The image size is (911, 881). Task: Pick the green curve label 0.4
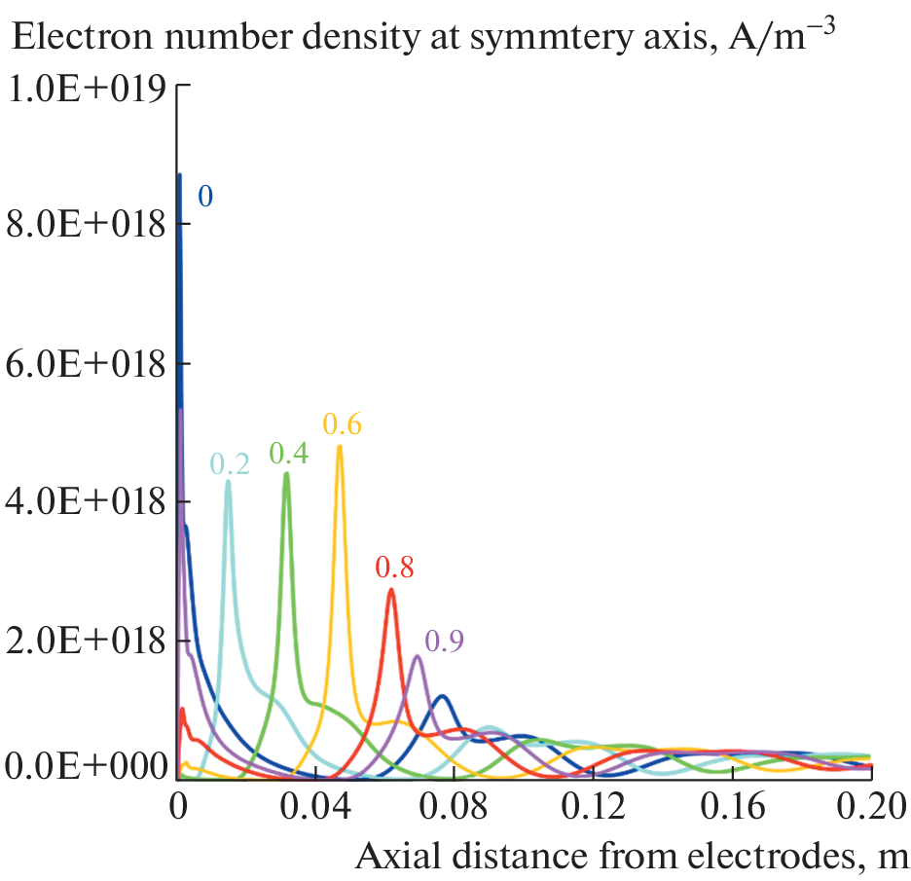coord(289,454)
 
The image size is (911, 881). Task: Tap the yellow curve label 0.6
coord(343,425)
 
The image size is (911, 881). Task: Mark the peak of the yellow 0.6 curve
coord(339,447)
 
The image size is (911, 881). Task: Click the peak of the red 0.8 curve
coord(390,589)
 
